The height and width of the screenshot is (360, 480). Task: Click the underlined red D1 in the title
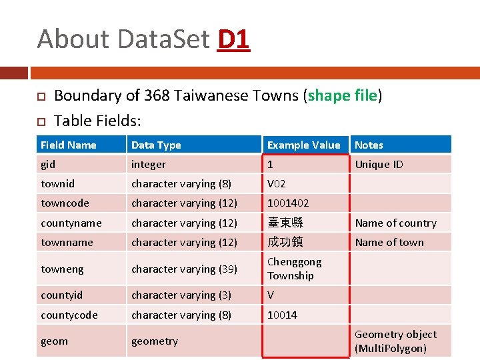(233, 39)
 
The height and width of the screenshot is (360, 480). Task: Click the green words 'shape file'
(343, 95)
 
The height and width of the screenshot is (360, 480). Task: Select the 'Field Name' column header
(68, 145)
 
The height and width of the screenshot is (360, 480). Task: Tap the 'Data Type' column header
(156, 145)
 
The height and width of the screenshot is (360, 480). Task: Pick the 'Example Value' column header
(303, 145)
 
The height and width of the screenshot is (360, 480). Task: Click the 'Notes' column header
(369, 145)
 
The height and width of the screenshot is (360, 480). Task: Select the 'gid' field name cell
(48, 164)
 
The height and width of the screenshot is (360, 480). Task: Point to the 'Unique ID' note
(379, 164)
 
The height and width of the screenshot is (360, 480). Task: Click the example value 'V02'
(277, 183)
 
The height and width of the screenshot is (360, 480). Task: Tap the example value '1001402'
(288, 203)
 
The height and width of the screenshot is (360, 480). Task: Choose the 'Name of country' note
(395, 223)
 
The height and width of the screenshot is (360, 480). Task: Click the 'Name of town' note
(389, 242)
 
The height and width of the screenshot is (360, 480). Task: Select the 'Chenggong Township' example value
(294, 269)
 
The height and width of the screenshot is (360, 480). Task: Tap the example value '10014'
(282, 315)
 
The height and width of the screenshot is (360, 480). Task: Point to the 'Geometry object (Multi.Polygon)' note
(395, 341)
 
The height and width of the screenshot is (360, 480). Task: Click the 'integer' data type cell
(148, 164)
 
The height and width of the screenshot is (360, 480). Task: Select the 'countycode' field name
(69, 315)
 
